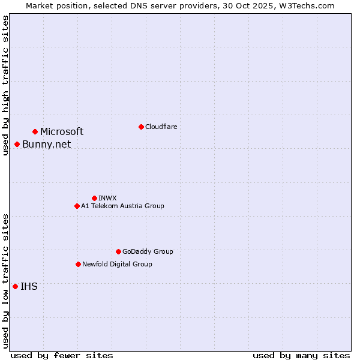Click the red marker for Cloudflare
[141, 127]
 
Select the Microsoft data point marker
[35, 131]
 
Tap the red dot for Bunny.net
[17, 144]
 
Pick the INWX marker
[94, 198]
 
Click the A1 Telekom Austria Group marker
[77, 206]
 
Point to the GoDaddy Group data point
[118, 251]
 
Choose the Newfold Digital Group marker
[78, 264]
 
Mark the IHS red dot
[15, 286]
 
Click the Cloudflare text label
[161, 127]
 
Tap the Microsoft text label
[62, 131]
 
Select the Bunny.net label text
[46, 144]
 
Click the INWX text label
[107, 198]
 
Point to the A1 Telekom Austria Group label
[122, 206]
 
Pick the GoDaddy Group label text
[148, 251]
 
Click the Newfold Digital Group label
[117, 264]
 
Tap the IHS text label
[29, 286]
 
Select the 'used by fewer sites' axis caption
[62, 355]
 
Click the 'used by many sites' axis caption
[301, 355]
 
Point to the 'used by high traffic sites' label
[5, 85]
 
